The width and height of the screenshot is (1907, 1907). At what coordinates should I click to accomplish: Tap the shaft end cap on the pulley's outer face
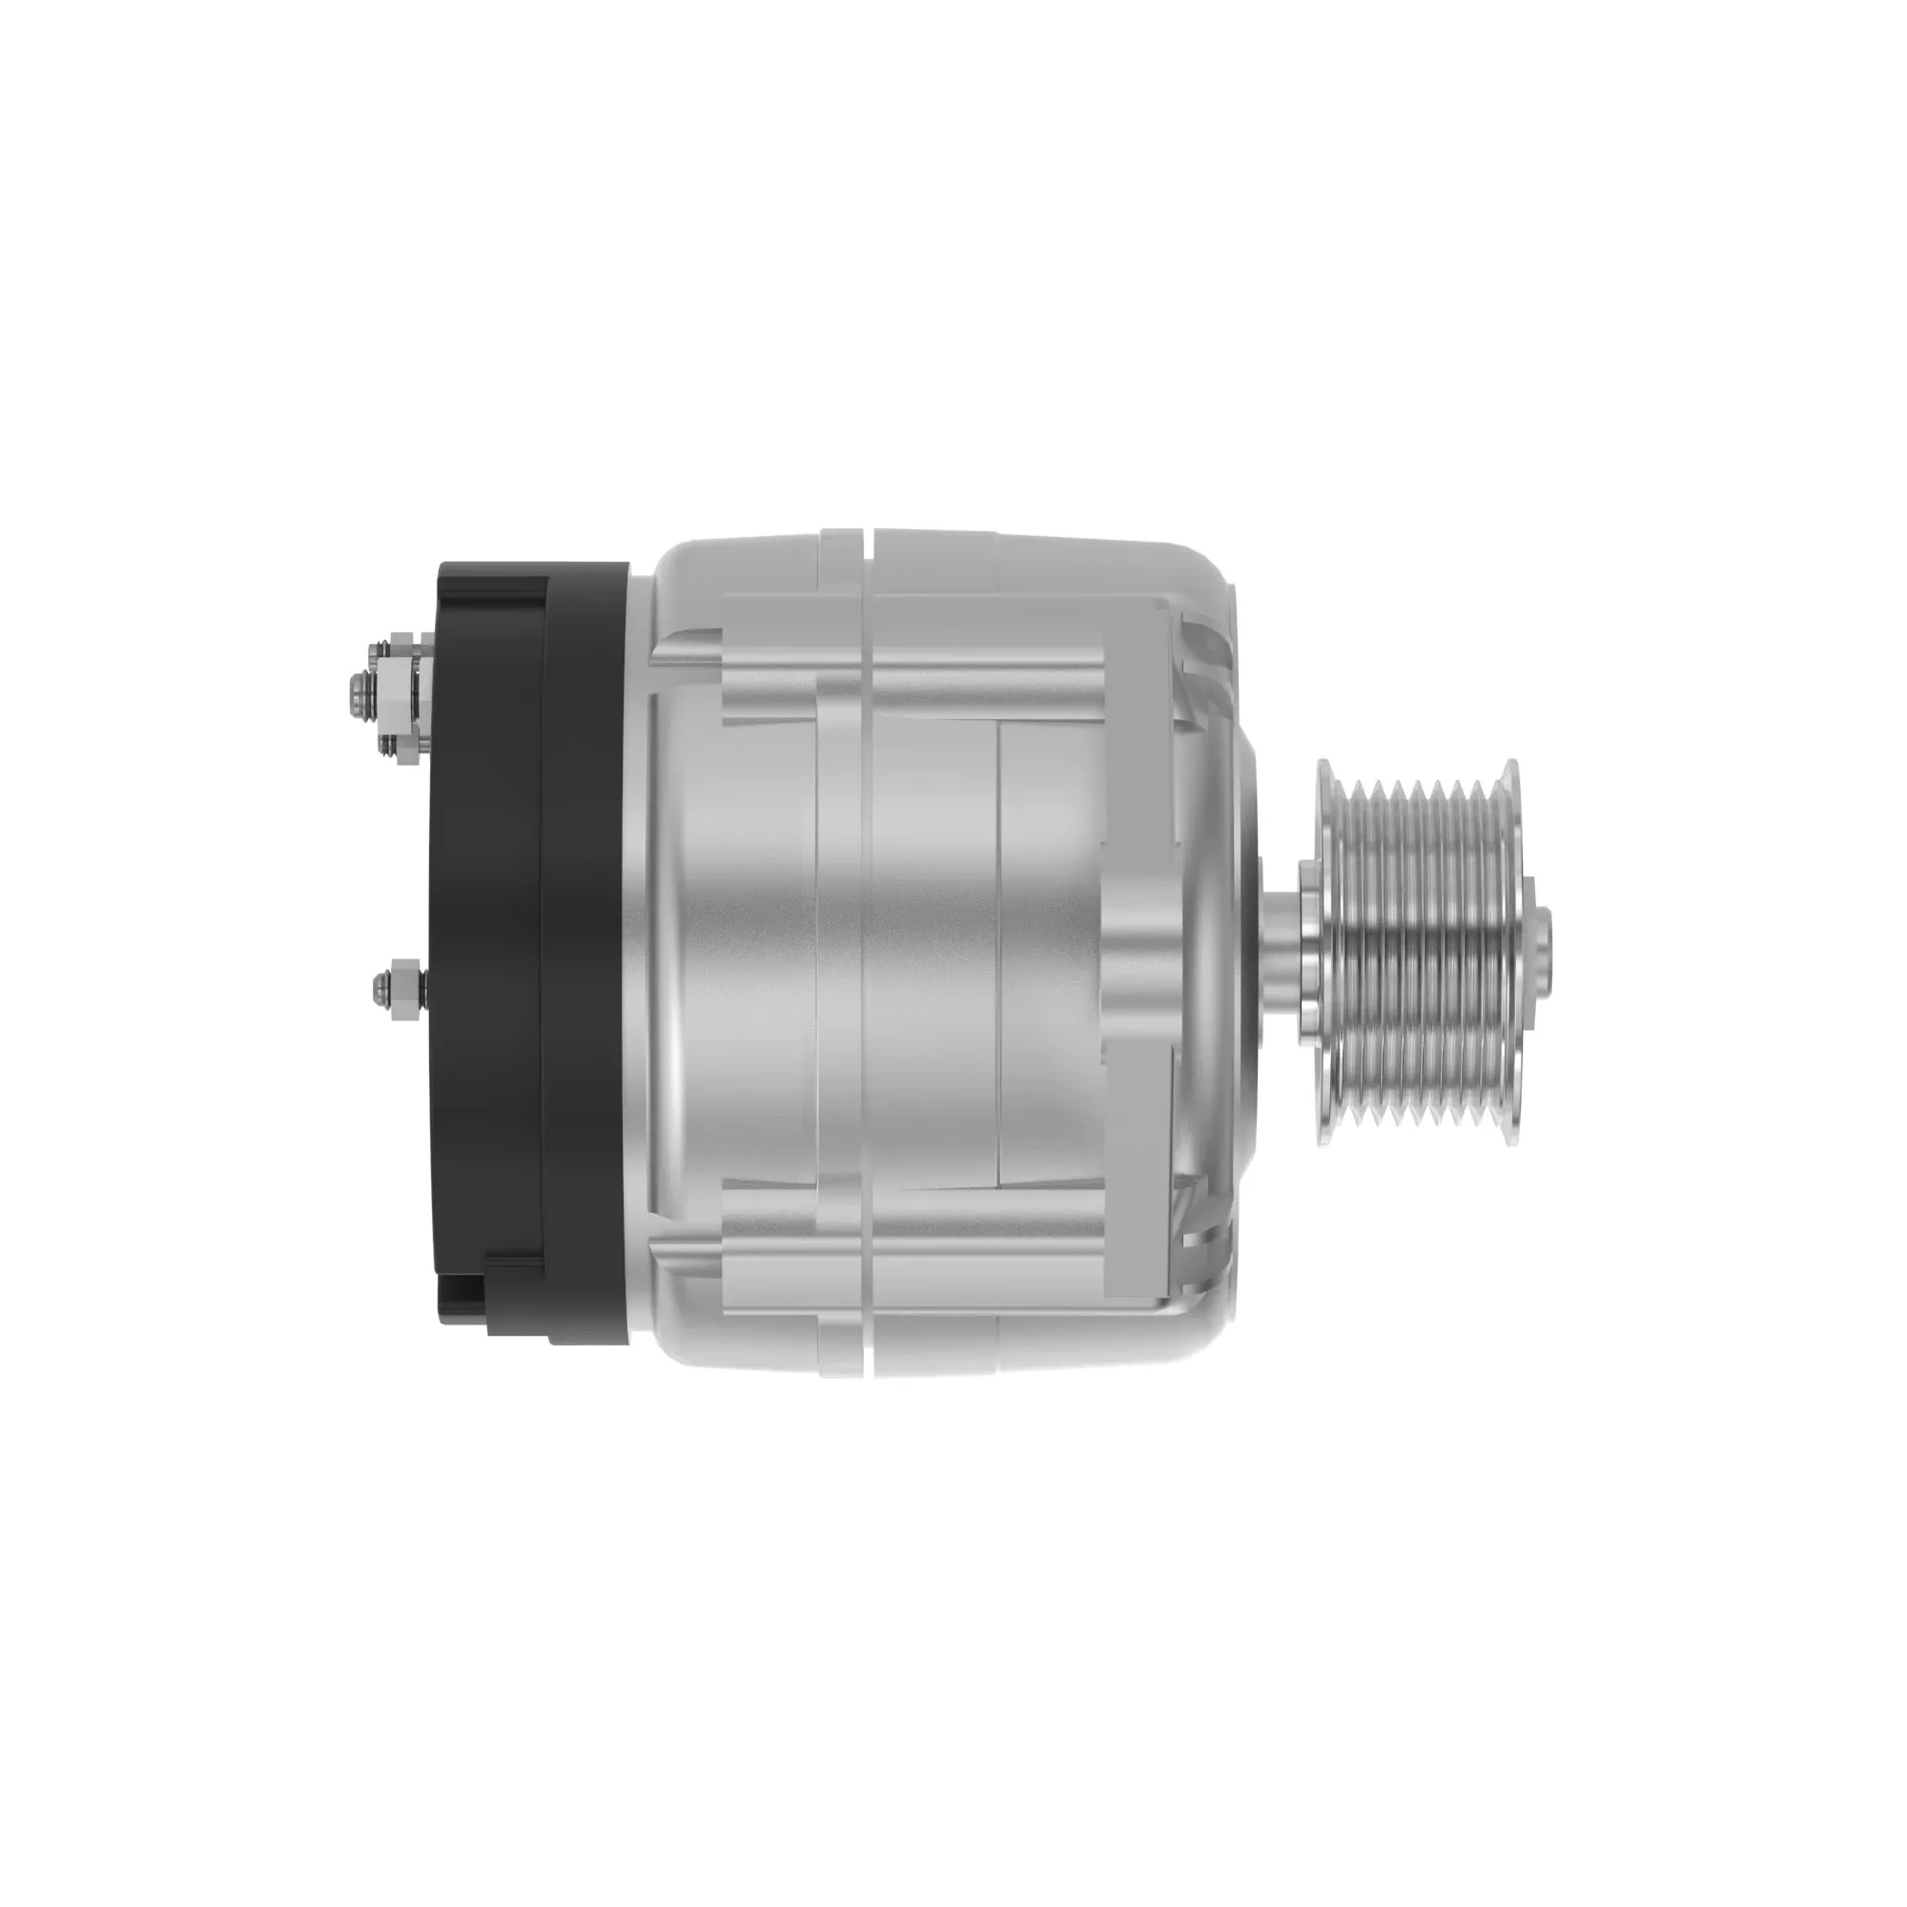coord(1546,937)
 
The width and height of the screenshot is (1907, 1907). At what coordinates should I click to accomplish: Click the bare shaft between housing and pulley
coord(1281,937)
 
